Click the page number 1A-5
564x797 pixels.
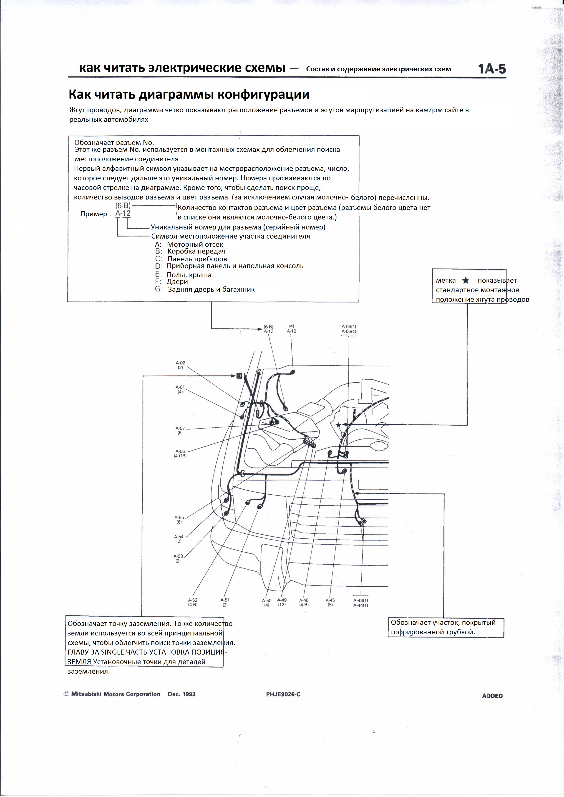click(492, 69)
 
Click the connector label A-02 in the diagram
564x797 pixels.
click(180, 363)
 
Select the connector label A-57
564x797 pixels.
click(180, 428)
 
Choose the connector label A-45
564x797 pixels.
click(330, 600)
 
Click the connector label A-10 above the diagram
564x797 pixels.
click(292, 331)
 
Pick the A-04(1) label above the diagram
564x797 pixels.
click(349, 327)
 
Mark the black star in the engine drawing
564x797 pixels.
click(338, 425)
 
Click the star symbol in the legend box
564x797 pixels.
click(466, 281)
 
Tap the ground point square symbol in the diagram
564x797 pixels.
click(239, 376)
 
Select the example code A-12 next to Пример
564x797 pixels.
click(123, 213)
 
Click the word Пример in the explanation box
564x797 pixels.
click(93, 214)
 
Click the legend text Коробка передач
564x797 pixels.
click(196, 251)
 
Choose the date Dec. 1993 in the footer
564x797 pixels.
click(181, 694)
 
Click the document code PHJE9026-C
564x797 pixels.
click(283, 694)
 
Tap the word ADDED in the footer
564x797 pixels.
click(492, 696)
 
